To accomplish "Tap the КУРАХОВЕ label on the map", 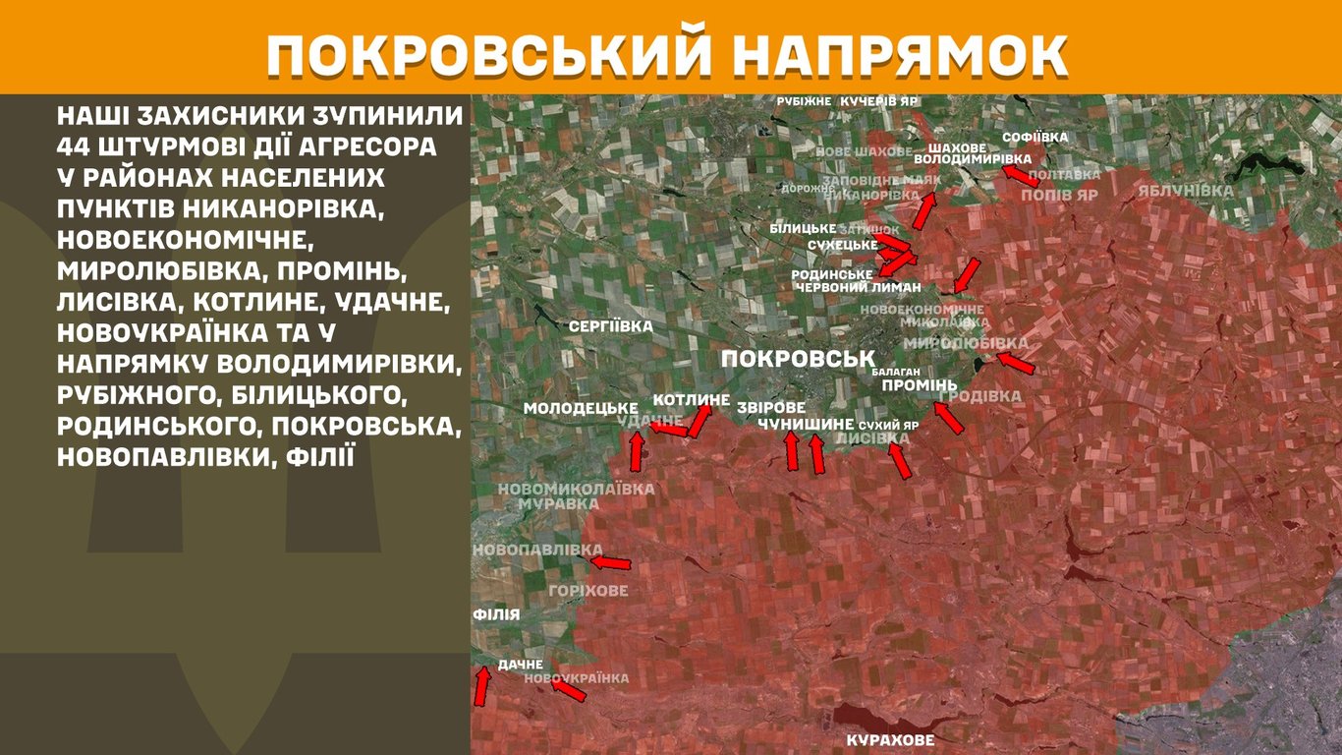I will (890, 740).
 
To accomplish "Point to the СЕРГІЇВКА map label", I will (610, 325).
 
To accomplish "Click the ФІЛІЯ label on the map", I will (495, 614).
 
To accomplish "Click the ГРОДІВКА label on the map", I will (979, 396).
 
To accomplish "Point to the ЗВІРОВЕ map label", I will (771, 407).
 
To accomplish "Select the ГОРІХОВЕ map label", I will (587, 591).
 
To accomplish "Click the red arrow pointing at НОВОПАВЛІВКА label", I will (610, 562).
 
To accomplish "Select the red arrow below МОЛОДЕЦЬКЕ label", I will (637, 449).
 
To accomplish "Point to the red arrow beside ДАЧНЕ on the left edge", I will (481, 686).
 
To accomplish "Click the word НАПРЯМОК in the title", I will (901, 57).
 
